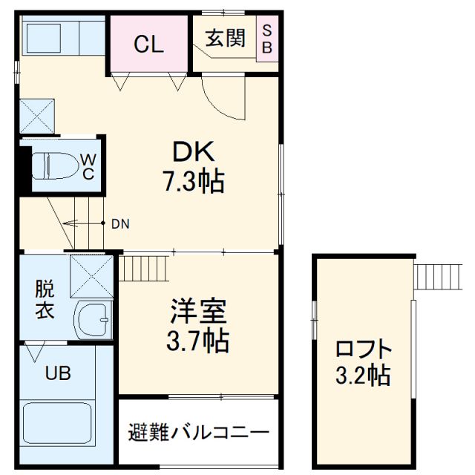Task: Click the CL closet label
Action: pyautogui.click(x=148, y=45)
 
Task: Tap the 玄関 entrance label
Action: pyautogui.click(x=225, y=38)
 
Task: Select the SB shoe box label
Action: pyautogui.click(x=267, y=39)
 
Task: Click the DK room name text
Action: pyautogui.click(x=194, y=152)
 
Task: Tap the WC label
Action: pyautogui.click(x=88, y=166)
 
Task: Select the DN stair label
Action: pyautogui.click(x=119, y=223)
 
